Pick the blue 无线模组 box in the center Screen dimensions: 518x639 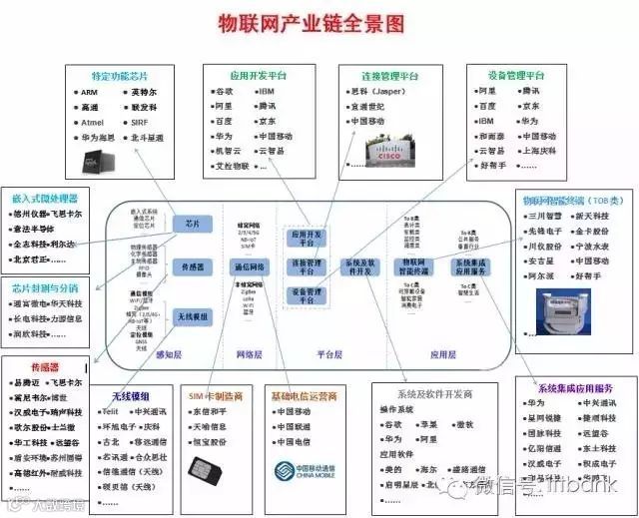pos(192,315)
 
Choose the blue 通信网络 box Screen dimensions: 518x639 pos(249,267)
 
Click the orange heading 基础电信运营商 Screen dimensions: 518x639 pos(304,395)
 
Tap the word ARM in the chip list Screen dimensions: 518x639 pos(90,92)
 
